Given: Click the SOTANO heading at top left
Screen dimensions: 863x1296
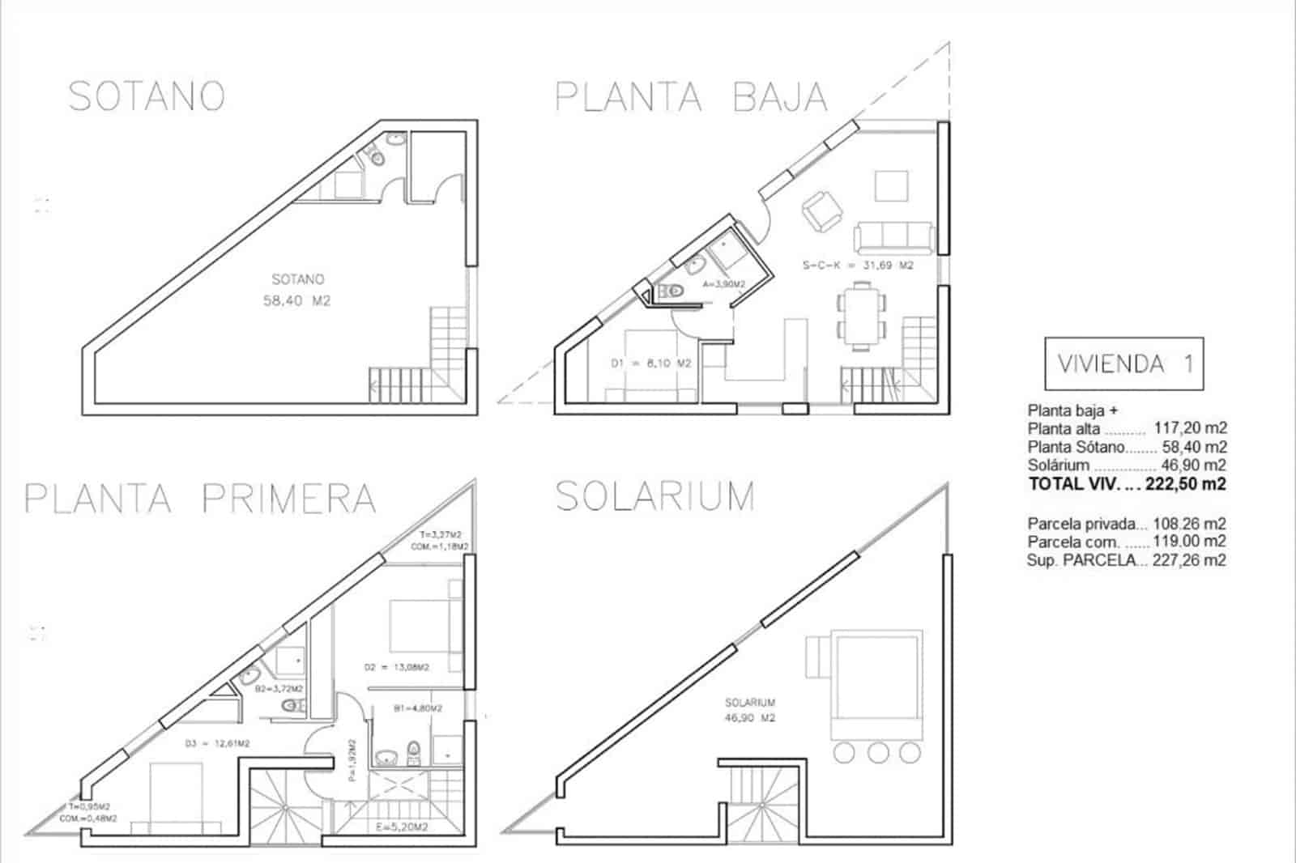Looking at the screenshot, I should coord(147,96).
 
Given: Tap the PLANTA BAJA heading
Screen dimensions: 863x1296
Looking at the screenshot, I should coord(691,97).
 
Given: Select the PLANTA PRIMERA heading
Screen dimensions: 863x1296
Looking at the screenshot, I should coord(200,498).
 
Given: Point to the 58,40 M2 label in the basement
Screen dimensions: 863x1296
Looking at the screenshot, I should coord(297,300).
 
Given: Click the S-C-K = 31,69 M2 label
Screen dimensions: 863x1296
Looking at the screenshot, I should coord(858,265).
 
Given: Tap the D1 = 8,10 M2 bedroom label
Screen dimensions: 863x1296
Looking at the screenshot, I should coord(650,363).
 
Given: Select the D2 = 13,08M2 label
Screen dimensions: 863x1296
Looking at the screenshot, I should coord(396,667).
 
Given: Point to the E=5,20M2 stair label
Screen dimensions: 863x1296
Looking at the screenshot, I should coord(403,827).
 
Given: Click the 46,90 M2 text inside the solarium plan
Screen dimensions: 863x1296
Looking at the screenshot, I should coord(750,717).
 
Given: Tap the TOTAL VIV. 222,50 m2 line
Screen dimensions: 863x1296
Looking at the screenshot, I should coord(1126,484).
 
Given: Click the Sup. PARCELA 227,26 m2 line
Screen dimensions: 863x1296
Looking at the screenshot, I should coord(1126,559).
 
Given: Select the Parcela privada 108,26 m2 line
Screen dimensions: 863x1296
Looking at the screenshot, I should coord(1126,523).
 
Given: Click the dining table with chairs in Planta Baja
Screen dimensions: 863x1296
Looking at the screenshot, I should coord(859,316).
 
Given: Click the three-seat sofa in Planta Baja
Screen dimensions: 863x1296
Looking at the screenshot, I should coord(894,237).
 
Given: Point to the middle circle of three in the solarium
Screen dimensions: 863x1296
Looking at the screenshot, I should coord(878,753).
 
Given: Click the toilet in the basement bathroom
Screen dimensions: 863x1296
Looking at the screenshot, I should coord(377,159).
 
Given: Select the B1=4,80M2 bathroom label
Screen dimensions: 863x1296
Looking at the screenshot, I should coord(417,708).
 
